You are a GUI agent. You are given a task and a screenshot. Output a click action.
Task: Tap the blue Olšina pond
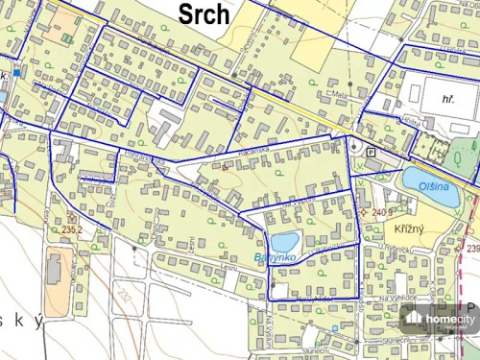423,180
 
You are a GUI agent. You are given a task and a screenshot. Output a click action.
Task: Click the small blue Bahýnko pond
285,242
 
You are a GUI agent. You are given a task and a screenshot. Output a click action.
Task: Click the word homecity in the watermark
450,319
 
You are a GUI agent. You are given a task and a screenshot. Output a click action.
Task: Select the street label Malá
340,96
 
